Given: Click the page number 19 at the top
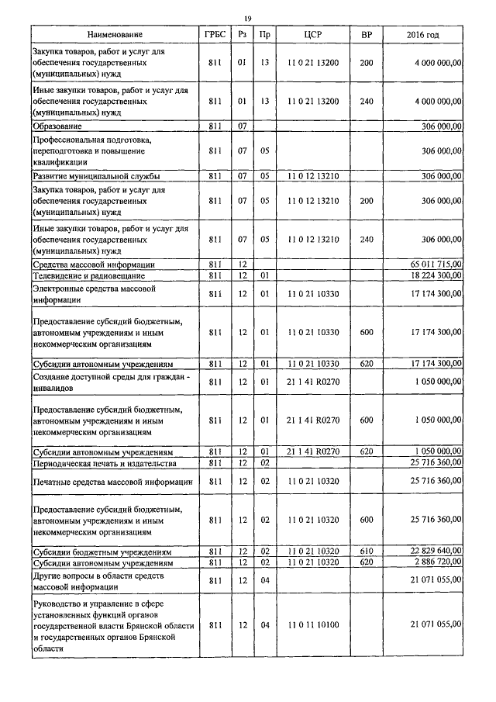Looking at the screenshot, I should tap(247, 18).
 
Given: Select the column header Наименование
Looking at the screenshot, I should tap(115, 36).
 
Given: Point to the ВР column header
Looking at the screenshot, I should tap(367, 36).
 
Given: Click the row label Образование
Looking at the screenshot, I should tap(57, 126).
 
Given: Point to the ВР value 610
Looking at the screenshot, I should tap(367, 551).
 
